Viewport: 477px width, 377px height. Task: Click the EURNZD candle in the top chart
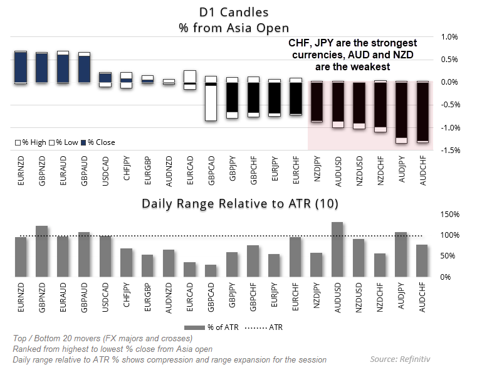pos(21,67)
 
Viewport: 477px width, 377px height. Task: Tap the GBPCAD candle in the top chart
pos(211,98)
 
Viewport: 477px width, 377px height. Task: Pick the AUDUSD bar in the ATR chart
pos(338,249)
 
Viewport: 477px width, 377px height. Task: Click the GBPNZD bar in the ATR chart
pos(42,251)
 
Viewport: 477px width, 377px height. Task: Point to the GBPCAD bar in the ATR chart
pos(211,270)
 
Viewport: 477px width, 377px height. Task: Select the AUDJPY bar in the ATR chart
pos(402,254)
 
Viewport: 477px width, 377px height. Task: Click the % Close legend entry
pos(101,142)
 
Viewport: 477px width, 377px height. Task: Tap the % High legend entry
pos(31,142)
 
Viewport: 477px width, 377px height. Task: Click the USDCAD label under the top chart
pos(106,169)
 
